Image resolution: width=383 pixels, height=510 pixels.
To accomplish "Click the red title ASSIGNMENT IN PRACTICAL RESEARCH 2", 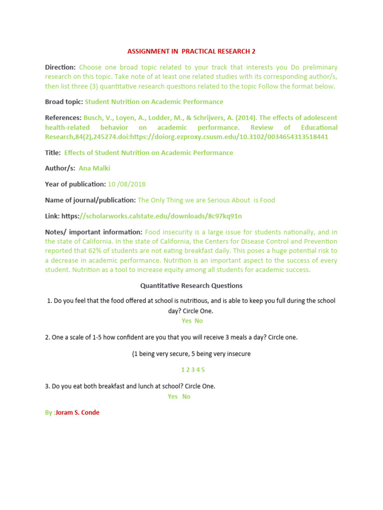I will pyautogui.click(x=191, y=51).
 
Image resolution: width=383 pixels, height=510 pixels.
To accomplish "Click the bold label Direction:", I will pyautogui.click(x=60, y=67).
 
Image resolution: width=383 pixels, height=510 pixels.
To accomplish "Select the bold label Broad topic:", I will pyautogui.click(x=64, y=102).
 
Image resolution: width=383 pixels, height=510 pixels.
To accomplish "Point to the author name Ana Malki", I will pyautogui.click(x=95, y=168).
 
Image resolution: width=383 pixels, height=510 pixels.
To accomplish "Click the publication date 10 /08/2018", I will pyautogui.click(x=127, y=184).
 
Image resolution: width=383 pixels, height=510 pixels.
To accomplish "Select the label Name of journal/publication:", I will pyautogui.click(x=90, y=200).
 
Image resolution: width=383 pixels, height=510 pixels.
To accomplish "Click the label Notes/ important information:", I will pyautogui.click(x=94, y=232).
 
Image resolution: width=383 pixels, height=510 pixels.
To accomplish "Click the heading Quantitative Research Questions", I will pyautogui.click(x=191, y=286).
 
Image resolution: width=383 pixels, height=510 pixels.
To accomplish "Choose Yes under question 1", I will pyautogui.click(x=187, y=321).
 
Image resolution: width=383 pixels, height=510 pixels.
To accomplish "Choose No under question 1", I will pyautogui.click(x=198, y=321).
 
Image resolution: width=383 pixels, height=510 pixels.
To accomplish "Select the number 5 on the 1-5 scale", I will pyautogui.click(x=203, y=370).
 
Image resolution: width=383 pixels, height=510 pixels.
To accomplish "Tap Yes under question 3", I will pyautogui.click(x=173, y=396).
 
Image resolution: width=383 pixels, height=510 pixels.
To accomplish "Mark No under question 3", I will pyautogui.click(x=186, y=396).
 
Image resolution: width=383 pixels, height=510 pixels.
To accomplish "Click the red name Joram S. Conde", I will pyautogui.click(x=77, y=412).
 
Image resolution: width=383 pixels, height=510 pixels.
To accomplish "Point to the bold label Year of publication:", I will pyautogui.click(x=75, y=184).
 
